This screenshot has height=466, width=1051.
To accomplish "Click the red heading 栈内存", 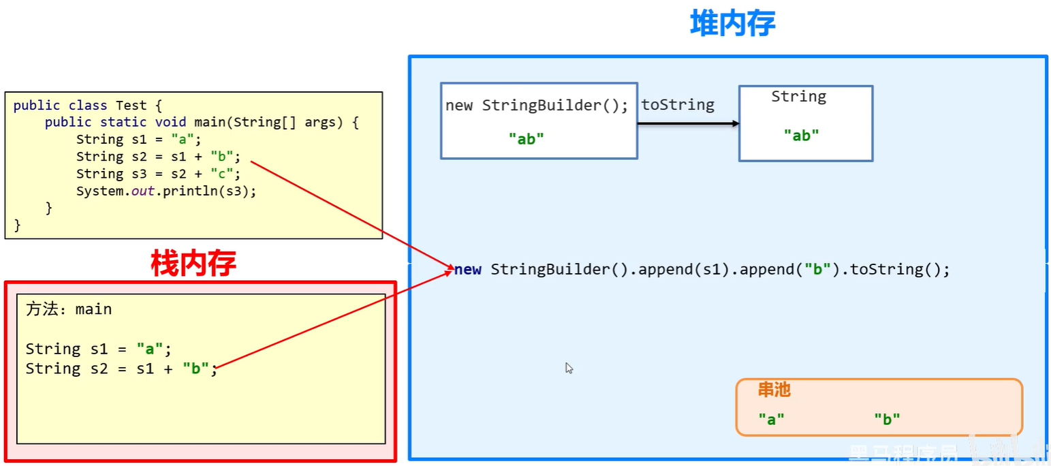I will pyautogui.click(x=193, y=263).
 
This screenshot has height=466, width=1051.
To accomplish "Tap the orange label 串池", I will pyautogui.click(x=774, y=390).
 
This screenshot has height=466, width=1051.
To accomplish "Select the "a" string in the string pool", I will pyautogui.click(x=771, y=420).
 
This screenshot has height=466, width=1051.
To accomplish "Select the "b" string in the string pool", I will pyautogui.click(x=887, y=420).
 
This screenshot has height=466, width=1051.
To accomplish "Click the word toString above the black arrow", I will pyautogui.click(x=678, y=105).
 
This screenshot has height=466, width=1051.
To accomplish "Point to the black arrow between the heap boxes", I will pyautogui.click(x=688, y=123).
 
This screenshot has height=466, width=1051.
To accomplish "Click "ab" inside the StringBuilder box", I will pyautogui.click(x=526, y=139).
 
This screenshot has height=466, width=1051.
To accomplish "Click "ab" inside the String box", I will pyautogui.click(x=801, y=135).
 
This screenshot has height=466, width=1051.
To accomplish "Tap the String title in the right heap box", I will pyautogui.click(x=798, y=97).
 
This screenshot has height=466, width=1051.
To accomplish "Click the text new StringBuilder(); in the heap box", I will pyautogui.click(x=537, y=106).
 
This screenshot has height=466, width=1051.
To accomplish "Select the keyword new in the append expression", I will pyautogui.click(x=468, y=269).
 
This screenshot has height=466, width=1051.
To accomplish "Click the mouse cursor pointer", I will pyautogui.click(x=569, y=368).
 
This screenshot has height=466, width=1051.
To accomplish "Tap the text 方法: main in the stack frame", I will pyautogui.click(x=69, y=309).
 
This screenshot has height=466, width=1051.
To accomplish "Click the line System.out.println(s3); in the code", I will pyautogui.click(x=166, y=191).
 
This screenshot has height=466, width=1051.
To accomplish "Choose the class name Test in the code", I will pyautogui.click(x=131, y=106).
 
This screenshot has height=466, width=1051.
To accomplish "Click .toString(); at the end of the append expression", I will pyautogui.click(x=890, y=269).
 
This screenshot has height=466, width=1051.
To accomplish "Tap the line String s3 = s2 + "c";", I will pyautogui.click(x=159, y=174).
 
